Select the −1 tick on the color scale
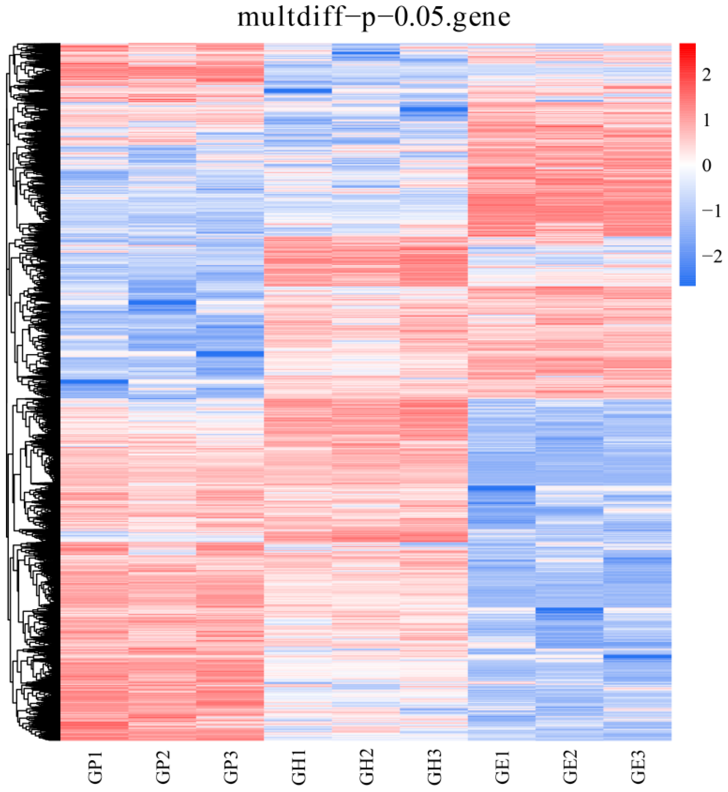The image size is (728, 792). click(x=711, y=212)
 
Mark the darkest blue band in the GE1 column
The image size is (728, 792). click(x=501, y=488)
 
